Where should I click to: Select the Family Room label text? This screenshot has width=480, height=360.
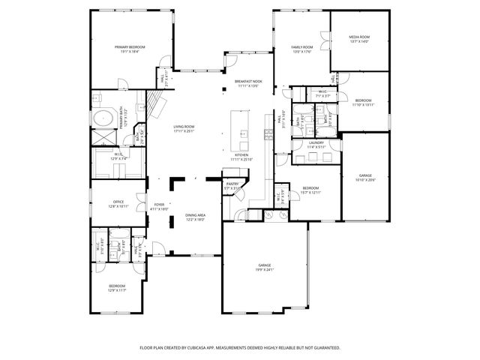(x=301, y=49)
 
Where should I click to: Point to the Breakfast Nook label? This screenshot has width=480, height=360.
(x=248, y=83)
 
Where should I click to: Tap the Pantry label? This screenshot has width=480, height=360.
(x=232, y=185)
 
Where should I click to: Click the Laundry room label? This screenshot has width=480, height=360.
(x=316, y=145)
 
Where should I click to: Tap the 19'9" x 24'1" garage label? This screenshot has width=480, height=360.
(x=265, y=267)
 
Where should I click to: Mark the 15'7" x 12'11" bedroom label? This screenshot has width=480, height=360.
(x=310, y=190)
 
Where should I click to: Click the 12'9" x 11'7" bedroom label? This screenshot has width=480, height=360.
(x=116, y=287)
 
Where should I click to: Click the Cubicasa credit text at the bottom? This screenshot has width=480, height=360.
(x=240, y=348)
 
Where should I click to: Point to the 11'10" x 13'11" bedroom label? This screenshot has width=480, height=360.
(x=363, y=102)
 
